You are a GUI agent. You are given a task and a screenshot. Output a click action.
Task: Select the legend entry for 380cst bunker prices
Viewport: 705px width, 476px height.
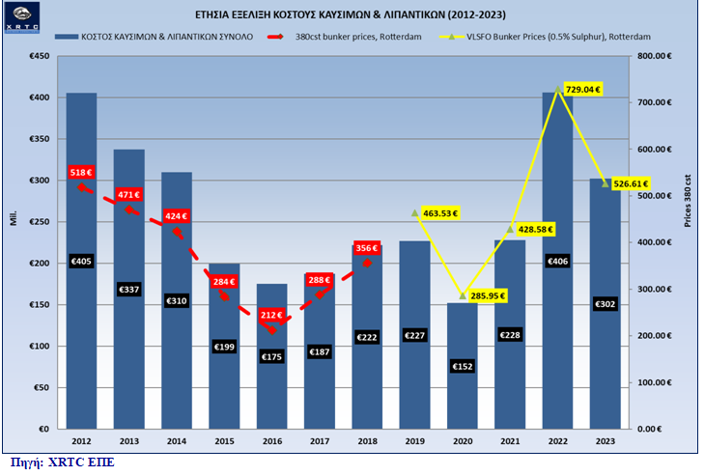pyautogui.click(x=349, y=37)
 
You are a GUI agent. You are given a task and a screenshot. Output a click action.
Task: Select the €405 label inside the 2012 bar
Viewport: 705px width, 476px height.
pyautogui.click(x=81, y=261)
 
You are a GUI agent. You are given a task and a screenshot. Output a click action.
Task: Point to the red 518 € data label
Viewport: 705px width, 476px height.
pyautogui.click(x=82, y=172)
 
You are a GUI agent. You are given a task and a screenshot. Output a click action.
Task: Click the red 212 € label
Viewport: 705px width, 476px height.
pyautogui.click(x=271, y=314)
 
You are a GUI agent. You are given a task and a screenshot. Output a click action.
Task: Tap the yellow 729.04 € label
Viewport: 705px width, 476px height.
pyautogui.click(x=582, y=89)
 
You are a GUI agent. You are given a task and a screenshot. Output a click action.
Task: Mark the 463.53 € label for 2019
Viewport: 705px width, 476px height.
pyautogui.click(x=440, y=212)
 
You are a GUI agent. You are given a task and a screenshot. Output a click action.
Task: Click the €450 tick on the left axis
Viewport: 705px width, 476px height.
pyautogui.click(x=39, y=57)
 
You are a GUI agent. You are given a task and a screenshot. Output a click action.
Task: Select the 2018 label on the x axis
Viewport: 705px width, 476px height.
pyautogui.click(x=368, y=440)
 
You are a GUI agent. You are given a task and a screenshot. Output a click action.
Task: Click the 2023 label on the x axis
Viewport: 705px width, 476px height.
pyautogui.click(x=606, y=440)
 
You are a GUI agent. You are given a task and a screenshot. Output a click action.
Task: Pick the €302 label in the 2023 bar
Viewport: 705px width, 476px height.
pyautogui.click(x=606, y=304)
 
